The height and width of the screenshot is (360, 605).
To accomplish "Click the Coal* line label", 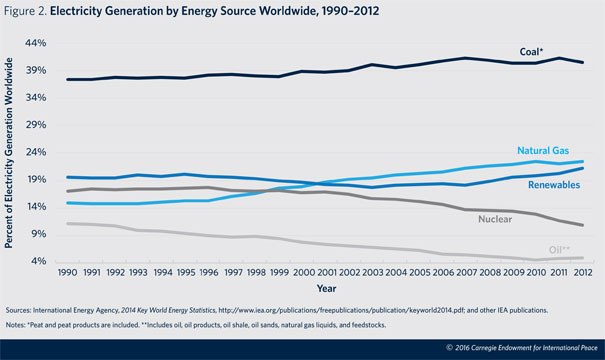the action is (531, 52).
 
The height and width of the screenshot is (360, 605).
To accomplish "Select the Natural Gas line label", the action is (543, 150).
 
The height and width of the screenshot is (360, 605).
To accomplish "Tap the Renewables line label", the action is (554, 185).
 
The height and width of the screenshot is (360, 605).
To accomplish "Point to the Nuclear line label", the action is (495, 219).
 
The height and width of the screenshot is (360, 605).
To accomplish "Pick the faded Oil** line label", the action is (559, 250).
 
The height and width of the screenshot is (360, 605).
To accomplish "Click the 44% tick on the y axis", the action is (35, 43).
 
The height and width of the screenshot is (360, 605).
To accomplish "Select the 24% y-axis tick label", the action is (35, 152).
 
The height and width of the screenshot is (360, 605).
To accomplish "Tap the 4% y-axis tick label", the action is (38, 261).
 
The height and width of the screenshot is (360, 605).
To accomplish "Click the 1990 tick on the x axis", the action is (68, 272).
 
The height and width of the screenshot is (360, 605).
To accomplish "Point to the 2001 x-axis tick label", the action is (327, 272).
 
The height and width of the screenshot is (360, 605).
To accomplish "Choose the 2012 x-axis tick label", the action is (583, 272).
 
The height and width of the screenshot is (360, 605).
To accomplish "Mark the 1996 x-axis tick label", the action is (209, 272).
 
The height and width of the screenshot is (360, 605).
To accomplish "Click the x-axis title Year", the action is (326, 288).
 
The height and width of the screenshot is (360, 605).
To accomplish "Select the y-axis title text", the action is (8, 153).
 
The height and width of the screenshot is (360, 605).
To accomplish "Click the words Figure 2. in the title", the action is (25, 11).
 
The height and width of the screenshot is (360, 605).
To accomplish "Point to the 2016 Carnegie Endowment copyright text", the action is (522, 348).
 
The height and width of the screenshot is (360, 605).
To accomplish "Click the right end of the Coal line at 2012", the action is (583, 63).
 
